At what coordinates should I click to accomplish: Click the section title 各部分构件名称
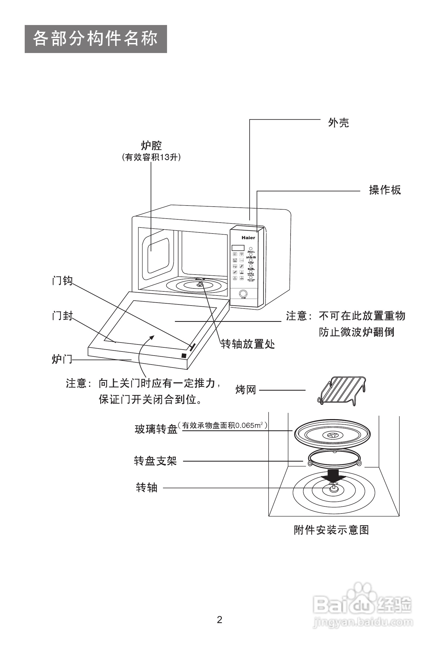(x=95, y=39)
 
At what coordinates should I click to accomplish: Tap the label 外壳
(x=338, y=123)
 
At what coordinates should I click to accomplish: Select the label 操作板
(x=385, y=190)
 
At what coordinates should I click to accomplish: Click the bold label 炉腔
(x=151, y=145)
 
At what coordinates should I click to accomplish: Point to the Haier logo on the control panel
(x=248, y=238)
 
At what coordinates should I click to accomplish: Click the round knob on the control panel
(x=243, y=294)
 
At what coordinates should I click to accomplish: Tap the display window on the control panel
(x=238, y=247)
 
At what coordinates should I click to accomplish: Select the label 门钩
(x=62, y=280)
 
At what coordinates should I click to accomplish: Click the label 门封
(x=62, y=316)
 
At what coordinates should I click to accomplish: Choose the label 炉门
(x=61, y=359)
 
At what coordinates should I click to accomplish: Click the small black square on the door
(x=184, y=356)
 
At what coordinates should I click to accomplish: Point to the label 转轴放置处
(x=248, y=344)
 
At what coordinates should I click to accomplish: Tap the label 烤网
(x=246, y=390)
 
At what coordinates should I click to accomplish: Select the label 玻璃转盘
(x=156, y=429)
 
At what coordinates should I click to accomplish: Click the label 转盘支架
(x=155, y=461)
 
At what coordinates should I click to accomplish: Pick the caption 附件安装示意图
(x=331, y=530)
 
